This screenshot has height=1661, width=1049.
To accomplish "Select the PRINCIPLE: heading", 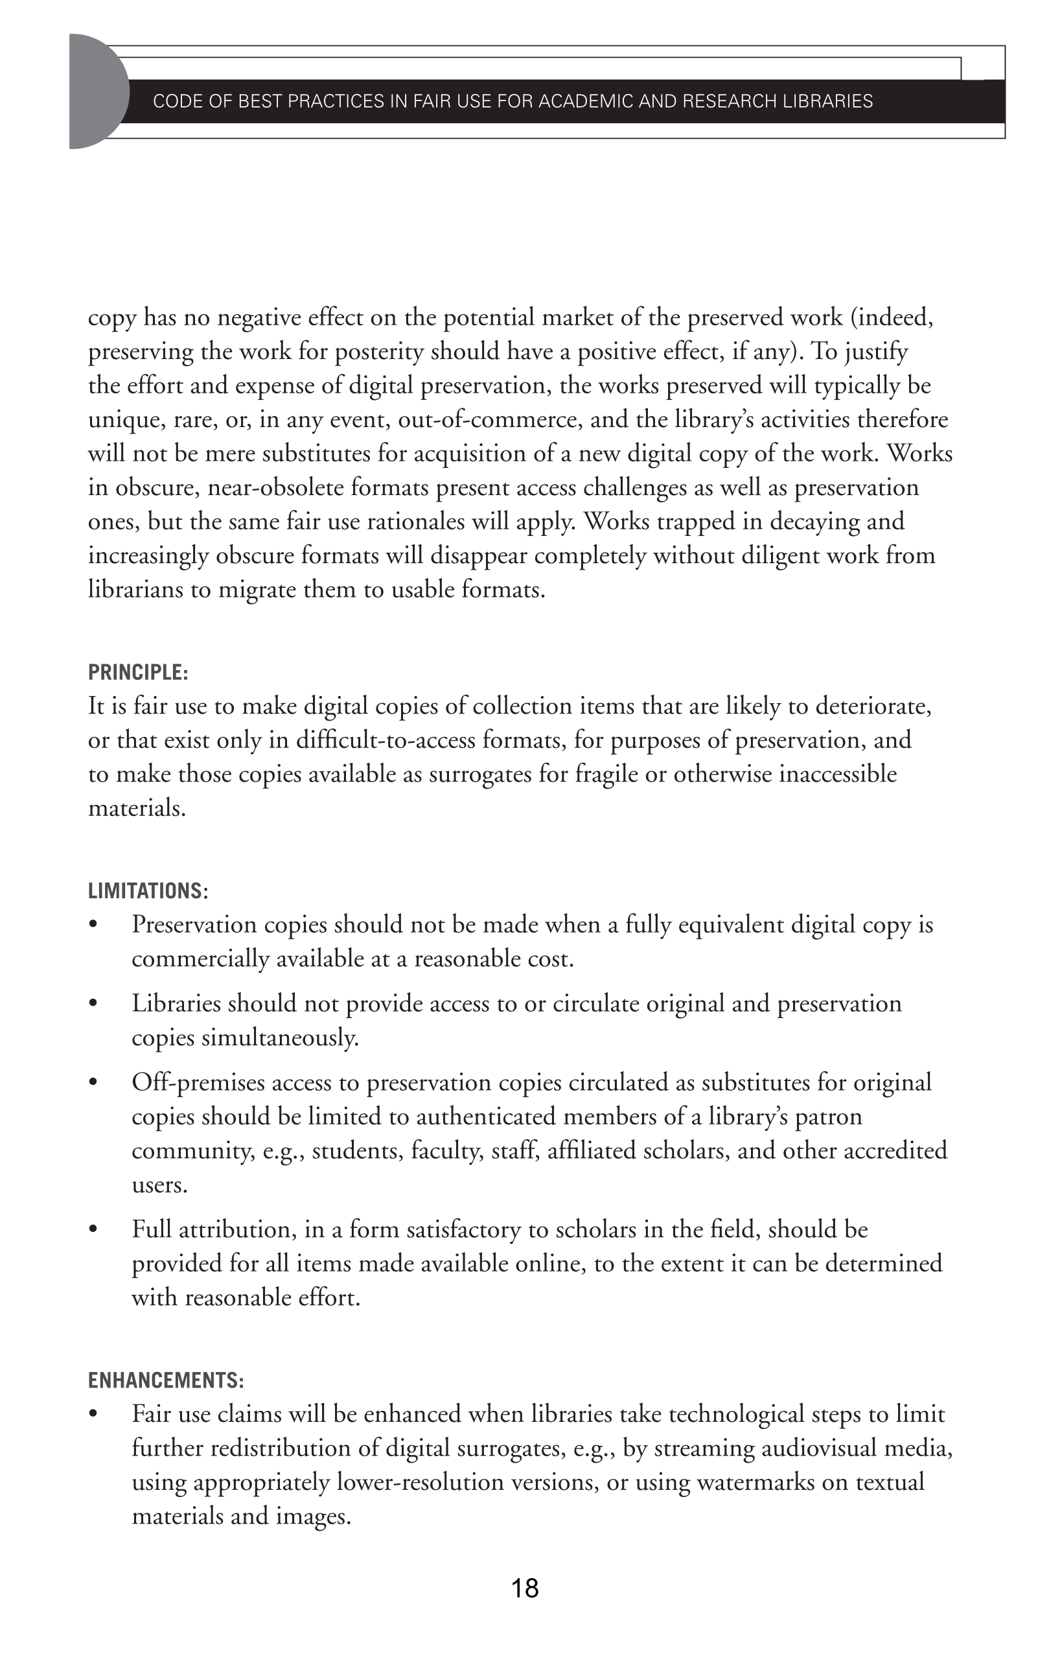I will pos(138,672).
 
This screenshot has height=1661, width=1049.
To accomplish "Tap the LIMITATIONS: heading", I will pos(148,890).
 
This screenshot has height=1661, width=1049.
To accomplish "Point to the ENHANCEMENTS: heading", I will pos(165,1380).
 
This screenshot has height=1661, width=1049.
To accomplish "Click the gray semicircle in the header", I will pos(97,91).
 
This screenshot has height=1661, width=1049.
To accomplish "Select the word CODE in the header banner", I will pos(172,101).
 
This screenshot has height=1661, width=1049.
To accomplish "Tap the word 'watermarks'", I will pos(756,1481).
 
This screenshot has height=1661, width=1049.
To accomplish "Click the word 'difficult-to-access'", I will pos(385,740).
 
